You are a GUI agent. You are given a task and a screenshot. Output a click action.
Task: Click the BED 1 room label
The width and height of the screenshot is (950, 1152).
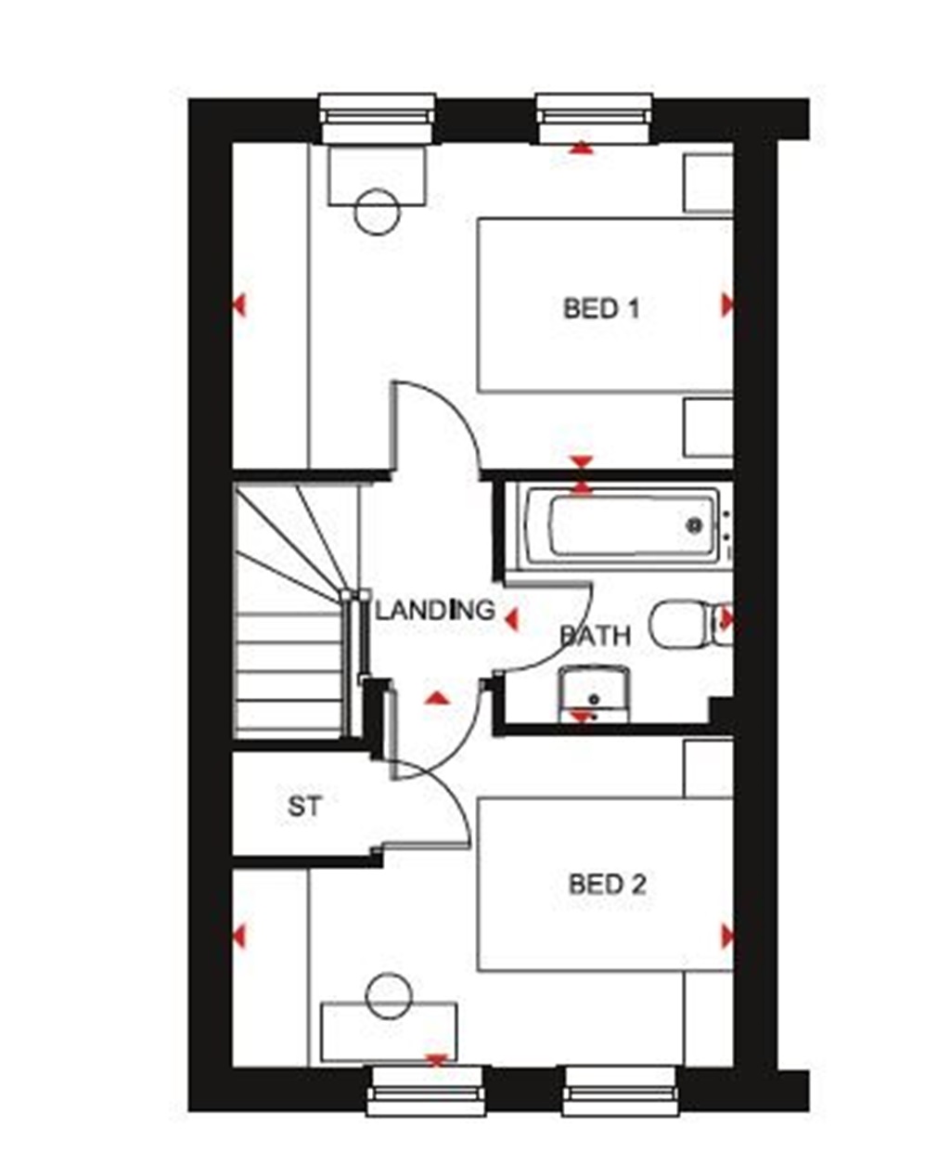point(601,308)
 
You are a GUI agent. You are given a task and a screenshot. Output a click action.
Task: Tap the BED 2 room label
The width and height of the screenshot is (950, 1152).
point(607,884)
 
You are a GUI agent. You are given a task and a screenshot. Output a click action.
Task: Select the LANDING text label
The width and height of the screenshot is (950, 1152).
point(434,610)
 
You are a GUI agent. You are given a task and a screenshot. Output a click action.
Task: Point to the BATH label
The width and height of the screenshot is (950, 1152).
point(595,636)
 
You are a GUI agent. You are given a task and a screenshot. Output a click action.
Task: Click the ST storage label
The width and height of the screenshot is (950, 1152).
point(304,807)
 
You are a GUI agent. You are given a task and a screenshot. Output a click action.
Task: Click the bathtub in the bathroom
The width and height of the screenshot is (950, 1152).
point(622,527)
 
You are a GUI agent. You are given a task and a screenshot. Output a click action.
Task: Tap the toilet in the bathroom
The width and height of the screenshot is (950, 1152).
point(682,623)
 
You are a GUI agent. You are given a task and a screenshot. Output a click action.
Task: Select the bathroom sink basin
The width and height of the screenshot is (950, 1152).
point(595,692)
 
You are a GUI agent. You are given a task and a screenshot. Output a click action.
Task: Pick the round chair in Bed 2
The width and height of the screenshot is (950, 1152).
point(389,996)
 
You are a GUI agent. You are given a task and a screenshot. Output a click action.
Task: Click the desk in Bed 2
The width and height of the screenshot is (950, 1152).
point(389,1032)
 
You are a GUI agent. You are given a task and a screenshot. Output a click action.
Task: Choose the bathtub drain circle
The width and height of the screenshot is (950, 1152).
point(693,525)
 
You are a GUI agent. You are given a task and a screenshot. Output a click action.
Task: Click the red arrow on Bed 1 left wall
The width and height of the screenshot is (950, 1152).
point(239,304)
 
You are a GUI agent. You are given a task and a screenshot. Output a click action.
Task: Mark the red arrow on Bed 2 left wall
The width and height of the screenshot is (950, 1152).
point(239,936)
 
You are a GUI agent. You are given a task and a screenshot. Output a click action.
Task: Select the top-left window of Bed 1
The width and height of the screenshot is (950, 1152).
point(377,119)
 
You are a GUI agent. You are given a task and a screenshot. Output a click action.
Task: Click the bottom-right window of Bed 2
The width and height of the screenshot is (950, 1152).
point(620,1090)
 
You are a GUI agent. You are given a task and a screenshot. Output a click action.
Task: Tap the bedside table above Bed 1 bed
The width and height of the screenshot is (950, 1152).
point(708,183)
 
